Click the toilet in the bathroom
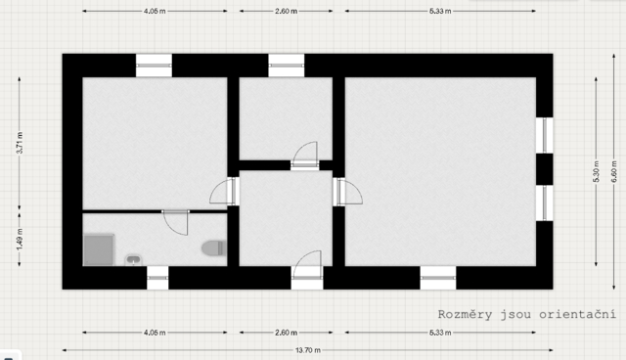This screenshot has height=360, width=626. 214,248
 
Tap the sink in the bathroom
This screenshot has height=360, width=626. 133,260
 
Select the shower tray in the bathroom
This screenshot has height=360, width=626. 99,249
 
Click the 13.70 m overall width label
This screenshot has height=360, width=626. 308,350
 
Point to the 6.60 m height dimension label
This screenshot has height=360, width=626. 614,171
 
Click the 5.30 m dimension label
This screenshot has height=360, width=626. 596,171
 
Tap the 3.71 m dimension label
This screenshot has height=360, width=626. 20,143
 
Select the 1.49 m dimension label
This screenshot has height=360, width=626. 20,240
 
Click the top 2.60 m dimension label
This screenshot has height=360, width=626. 286,11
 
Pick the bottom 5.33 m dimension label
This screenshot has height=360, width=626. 440,333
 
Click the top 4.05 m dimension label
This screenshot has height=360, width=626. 155,11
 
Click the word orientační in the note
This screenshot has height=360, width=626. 577,314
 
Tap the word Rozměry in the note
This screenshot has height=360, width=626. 465,314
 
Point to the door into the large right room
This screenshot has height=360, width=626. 348,192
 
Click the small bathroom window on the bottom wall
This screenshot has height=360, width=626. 157,278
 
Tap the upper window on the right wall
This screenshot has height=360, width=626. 544,135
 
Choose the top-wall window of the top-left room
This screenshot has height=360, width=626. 154,66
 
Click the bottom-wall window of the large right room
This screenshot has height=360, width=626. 438,278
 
